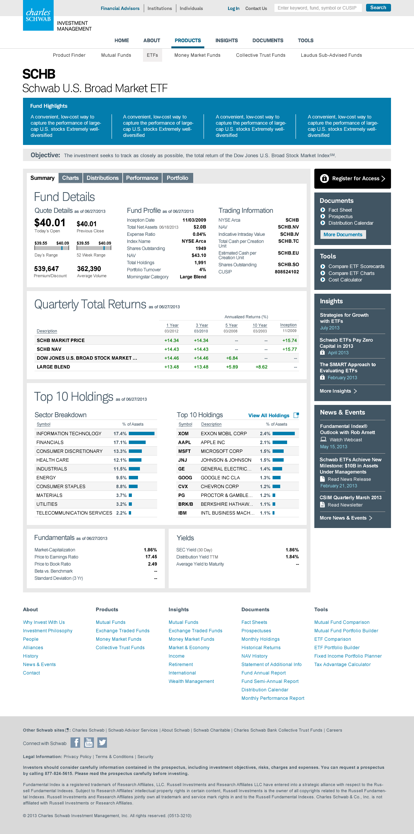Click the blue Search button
378,8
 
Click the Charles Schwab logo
38,15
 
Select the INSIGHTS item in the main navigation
227,41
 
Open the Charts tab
71,178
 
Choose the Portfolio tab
177,178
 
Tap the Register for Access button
353,179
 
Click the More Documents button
343,235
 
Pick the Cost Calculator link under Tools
345,280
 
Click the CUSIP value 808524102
287,272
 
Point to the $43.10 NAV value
199,255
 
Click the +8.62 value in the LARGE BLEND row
261,367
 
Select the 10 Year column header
260,325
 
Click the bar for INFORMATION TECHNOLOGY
141,434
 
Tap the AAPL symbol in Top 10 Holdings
184,442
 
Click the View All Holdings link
269,416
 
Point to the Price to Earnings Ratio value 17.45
151,557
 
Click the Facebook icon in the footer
76,743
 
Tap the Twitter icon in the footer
102,743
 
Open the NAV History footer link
255,656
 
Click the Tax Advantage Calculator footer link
342,665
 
